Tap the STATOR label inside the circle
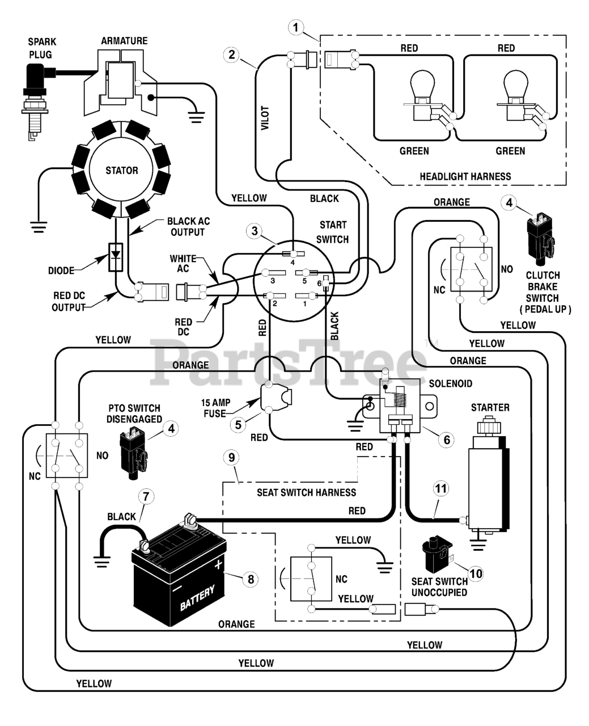pos(122,170)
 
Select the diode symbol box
pos(116,258)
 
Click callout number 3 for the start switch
pos(255,231)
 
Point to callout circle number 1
pos(296,28)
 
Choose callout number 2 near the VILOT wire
pos(232,54)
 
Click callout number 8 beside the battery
pos(251,580)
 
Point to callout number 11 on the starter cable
pos(441,489)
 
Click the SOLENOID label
pos(450,384)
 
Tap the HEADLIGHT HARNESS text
pos(465,176)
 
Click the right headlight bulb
pos(516,95)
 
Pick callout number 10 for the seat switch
pos(476,573)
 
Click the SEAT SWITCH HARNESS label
pos(306,492)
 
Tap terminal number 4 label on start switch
pos(293,263)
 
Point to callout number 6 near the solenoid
pos(447,440)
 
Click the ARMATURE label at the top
pos(124,41)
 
